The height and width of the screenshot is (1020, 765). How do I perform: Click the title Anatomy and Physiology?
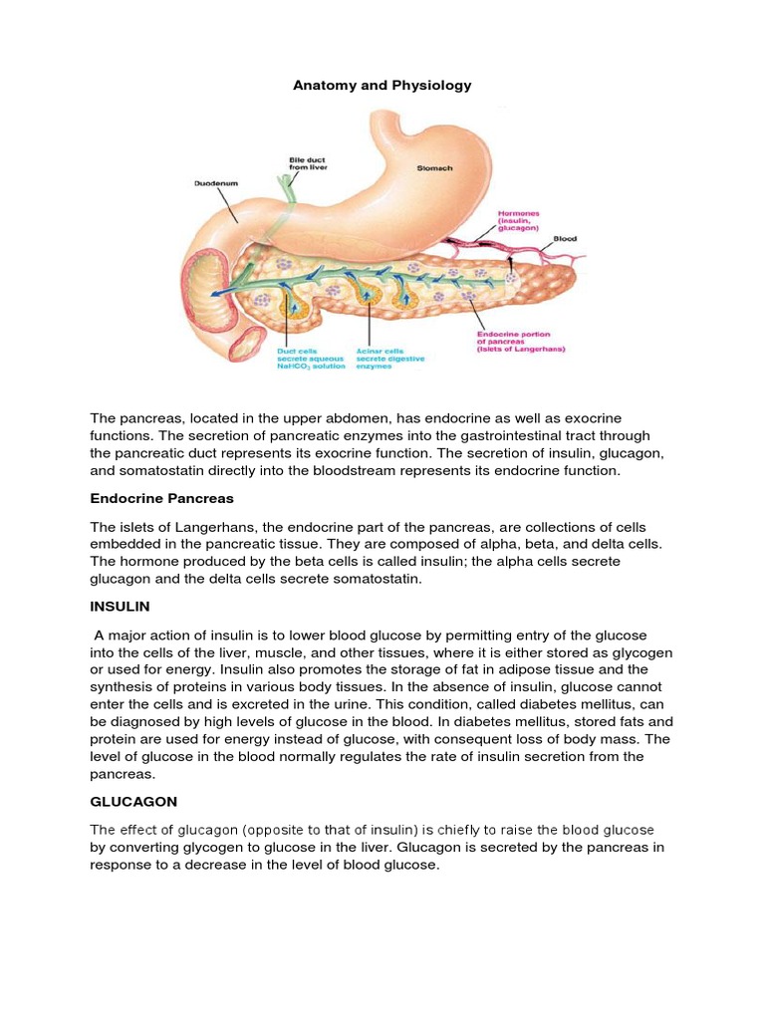(382, 86)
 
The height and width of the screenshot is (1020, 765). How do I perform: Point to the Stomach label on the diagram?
(433, 168)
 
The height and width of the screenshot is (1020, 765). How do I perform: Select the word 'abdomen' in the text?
(328, 417)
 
